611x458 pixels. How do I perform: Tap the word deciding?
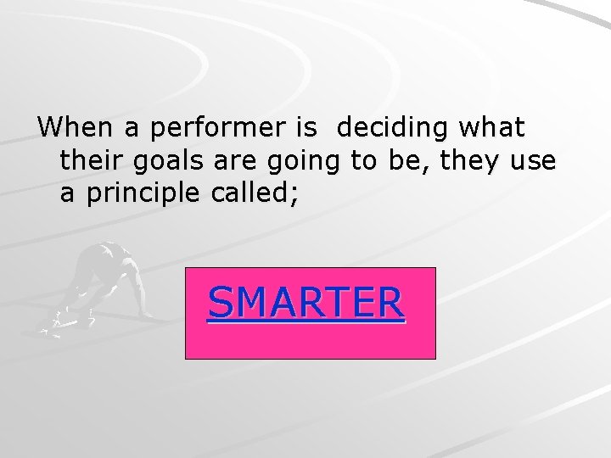(x=392, y=129)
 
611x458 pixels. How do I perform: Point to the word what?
(x=492, y=128)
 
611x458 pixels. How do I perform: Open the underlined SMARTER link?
(x=306, y=303)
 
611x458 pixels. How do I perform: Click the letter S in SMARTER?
(x=220, y=303)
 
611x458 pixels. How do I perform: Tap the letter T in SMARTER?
(x=335, y=303)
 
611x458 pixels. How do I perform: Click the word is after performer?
(x=305, y=128)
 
